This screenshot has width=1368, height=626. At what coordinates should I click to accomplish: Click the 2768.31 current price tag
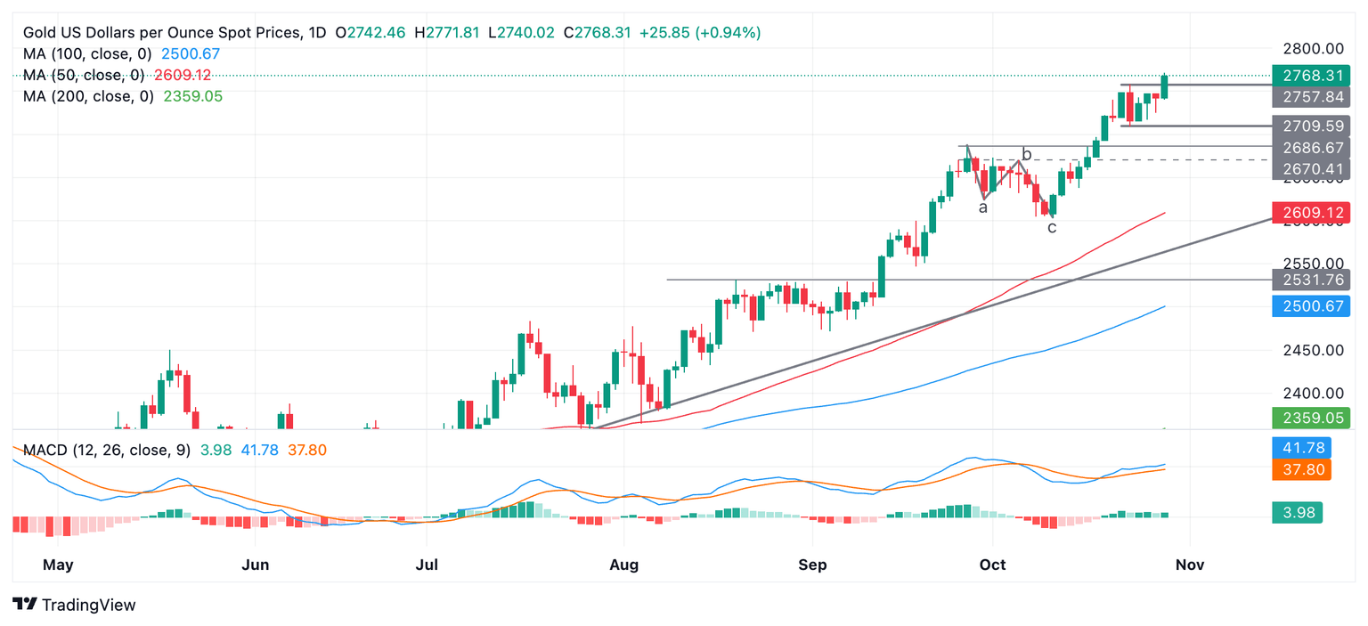[x=1309, y=76]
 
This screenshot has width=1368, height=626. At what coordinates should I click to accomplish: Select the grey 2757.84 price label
[x=1309, y=97]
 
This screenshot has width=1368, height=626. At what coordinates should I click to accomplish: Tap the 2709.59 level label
[x=1309, y=126]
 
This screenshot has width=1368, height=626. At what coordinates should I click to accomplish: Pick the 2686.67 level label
[x=1309, y=147]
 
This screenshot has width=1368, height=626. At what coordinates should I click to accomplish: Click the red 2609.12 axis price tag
[x=1309, y=213]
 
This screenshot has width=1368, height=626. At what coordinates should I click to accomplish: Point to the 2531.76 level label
[x=1309, y=280]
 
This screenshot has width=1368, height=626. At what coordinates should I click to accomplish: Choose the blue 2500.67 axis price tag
[x=1309, y=306]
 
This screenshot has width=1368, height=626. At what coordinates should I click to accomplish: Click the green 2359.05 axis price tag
[x=1309, y=417]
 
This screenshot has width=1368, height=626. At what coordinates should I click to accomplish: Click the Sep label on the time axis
[x=812, y=565]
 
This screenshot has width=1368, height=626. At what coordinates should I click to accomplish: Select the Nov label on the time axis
[x=1190, y=565]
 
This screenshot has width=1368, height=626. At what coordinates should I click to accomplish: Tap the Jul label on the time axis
[x=427, y=565]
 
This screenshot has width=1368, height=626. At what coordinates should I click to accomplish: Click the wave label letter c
[x=1052, y=228]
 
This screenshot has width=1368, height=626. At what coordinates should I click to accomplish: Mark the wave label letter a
[x=983, y=208]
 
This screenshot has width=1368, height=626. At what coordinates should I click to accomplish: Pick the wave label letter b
[x=1027, y=155]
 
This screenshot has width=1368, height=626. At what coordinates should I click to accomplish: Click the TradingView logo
[x=75, y=606]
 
